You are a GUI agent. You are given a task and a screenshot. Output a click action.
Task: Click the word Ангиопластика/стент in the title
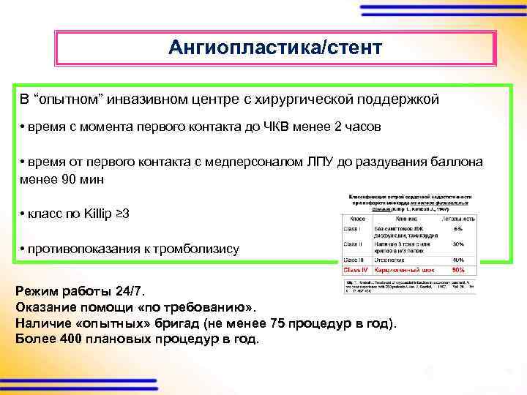274,48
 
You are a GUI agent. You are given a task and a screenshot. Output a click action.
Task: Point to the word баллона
457,162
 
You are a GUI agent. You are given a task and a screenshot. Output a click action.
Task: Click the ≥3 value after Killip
124,214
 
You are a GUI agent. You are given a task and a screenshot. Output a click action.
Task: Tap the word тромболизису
195,249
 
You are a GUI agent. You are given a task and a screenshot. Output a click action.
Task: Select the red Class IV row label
356,270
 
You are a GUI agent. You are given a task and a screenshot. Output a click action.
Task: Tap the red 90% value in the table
459,270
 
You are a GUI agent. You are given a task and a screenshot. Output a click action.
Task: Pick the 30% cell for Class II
459,244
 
